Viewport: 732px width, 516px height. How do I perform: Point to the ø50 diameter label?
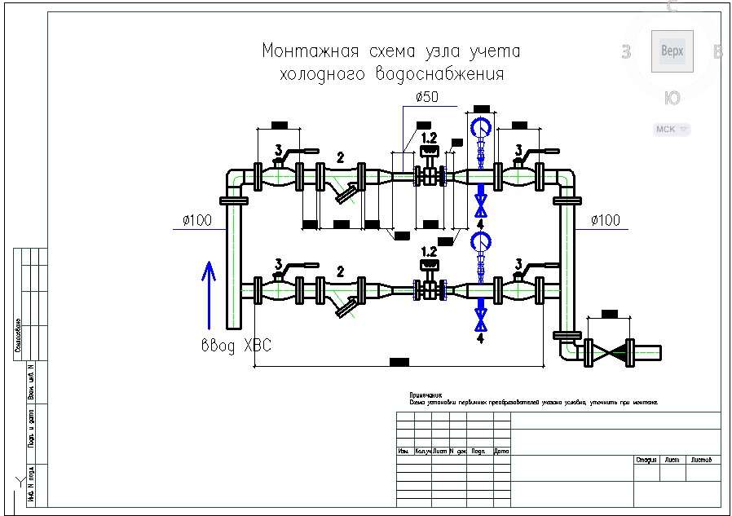(426, 97)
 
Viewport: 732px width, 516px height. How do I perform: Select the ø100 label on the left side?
(196, 220)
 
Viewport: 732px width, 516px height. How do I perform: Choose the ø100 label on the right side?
(605, 220)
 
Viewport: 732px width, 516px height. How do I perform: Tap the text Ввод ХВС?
(236, 346)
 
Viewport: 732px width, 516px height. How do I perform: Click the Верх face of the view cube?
(672, 51)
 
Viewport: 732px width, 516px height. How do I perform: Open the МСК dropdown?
(672, 129)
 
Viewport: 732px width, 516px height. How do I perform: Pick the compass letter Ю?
(672, 99)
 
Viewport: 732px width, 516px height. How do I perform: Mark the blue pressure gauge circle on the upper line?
(482, 126)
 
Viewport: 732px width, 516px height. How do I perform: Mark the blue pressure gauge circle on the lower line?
(482, 241)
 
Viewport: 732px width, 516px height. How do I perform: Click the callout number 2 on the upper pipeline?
(341, 157)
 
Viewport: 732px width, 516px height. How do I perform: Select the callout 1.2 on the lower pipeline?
(429, 253)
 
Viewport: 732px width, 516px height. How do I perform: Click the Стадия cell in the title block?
(646, 460)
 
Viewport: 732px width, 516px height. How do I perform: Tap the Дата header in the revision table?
(501, 451)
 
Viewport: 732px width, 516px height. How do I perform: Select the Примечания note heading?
(425, 395)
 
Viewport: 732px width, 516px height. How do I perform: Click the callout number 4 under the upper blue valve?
(481, 222)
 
